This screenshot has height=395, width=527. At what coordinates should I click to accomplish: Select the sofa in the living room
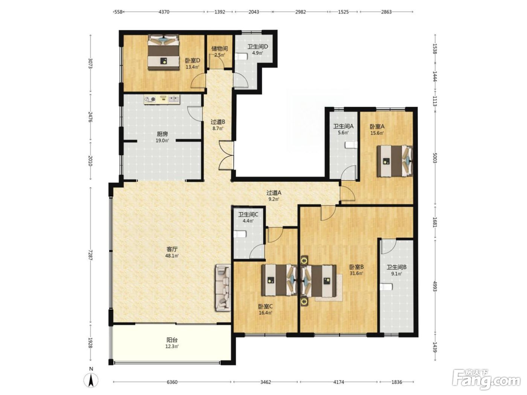pos(222,288)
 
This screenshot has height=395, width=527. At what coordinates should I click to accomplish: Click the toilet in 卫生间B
pos(386,287)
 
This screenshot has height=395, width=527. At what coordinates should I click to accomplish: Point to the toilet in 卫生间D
pos(241,56)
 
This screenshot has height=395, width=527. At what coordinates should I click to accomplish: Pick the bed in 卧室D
pos(163,52)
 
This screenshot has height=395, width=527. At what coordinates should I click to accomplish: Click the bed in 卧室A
pos(395,161)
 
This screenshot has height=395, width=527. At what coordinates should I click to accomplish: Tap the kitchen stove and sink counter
pos(162,100)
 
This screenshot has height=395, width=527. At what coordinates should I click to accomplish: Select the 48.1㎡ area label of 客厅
pos(172,256)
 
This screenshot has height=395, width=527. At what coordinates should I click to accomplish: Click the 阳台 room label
pos(172,340)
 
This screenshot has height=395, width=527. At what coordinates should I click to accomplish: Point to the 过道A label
pos(274,193)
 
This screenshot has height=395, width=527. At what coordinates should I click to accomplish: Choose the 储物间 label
pos(219,49)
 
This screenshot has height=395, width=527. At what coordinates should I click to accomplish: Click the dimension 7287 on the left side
pos(90,255)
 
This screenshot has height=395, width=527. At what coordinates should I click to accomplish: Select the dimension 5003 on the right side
pos(435,158)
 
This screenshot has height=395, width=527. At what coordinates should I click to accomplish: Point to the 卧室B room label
pos(356,267)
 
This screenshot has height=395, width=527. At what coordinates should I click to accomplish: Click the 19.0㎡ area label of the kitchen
pos(162,141)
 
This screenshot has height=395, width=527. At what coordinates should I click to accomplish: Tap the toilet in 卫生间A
pos(351,144)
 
